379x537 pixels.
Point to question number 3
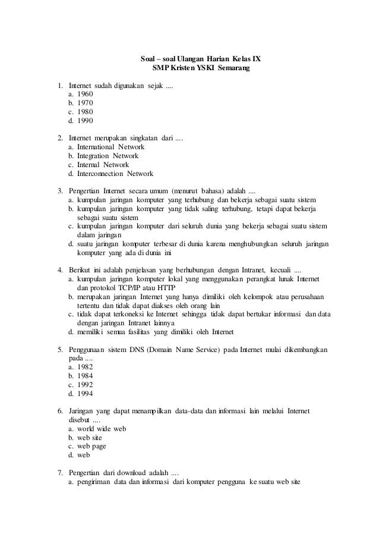click(x=61, y=191)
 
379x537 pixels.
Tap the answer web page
click(x=90, y=447)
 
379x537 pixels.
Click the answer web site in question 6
click(x=90, y=438)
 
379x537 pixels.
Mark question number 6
click(x=61, y=411)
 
